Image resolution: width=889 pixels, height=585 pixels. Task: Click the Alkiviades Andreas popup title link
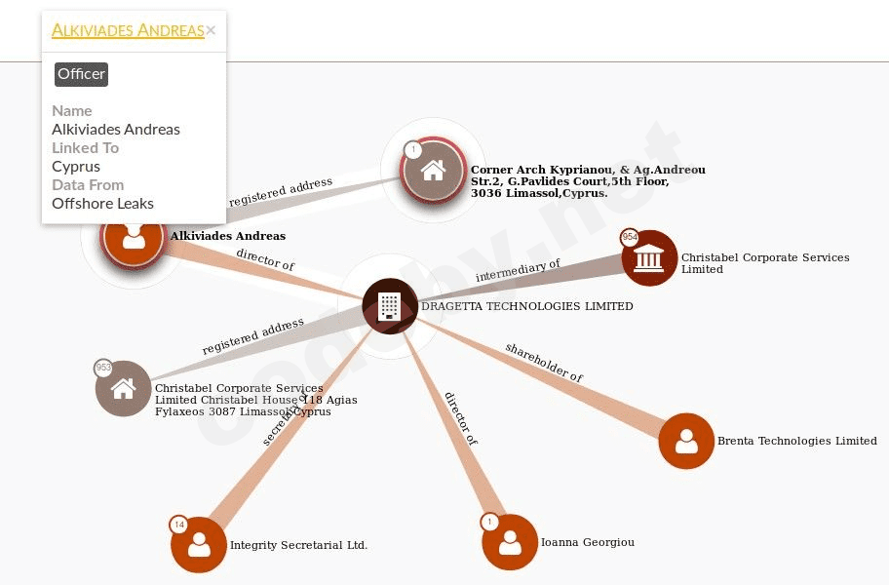point(128,30)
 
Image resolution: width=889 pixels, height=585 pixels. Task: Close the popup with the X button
point(211,30)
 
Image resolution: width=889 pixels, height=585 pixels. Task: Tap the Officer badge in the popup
point(81,74)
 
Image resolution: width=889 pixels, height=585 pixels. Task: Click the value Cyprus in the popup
point(76,166)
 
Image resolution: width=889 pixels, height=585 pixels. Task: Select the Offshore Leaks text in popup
point(102,203)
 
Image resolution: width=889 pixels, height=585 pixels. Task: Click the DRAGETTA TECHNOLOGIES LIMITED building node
point(390,306)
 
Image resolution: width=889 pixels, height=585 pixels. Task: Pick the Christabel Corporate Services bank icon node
point(649,258)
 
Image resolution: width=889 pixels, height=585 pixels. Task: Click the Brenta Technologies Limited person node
point(686,441)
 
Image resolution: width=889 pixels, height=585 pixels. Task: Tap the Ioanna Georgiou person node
point(510,542)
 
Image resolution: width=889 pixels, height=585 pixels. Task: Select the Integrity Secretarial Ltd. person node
point(199,544)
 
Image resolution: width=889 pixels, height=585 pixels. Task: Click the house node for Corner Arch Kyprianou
point(433,170)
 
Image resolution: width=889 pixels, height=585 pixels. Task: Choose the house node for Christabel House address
point(124,388)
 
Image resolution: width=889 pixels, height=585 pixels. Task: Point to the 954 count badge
point(630,237)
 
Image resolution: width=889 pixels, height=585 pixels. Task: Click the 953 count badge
point(103,368)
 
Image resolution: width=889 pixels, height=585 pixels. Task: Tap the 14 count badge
point(178,525)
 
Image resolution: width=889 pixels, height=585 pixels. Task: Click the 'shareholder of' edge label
point(544,362)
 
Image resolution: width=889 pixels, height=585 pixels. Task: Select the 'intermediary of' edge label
point(518,271)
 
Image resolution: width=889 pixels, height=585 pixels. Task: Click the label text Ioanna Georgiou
point(587,542)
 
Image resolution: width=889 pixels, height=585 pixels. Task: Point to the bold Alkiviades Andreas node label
point(227,236)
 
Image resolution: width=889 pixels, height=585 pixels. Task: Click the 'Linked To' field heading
point(85,147)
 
